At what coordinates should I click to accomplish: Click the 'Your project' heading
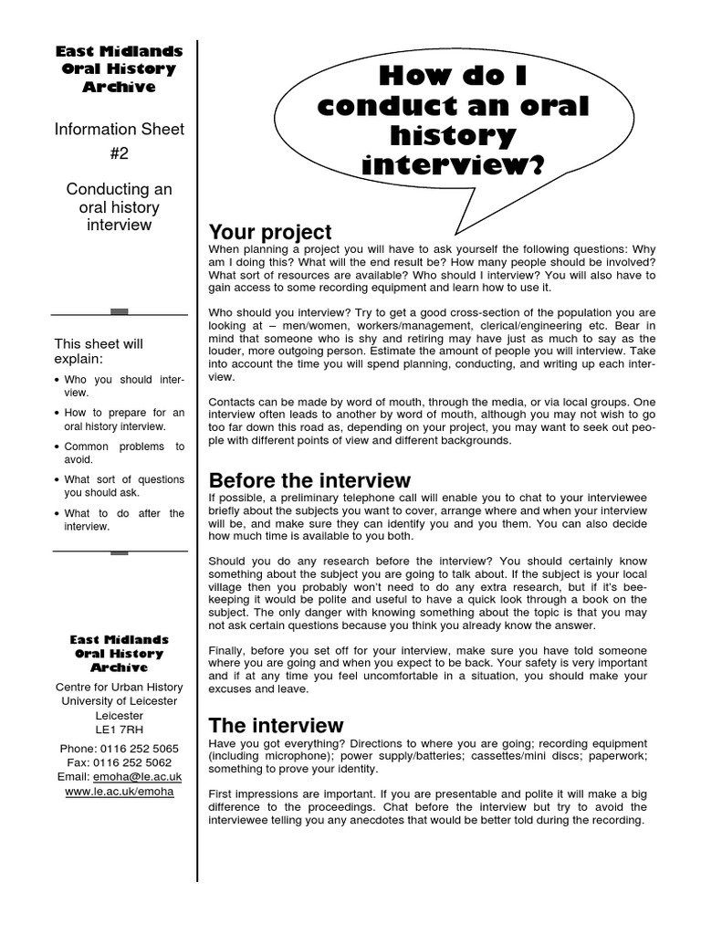pos(270,232)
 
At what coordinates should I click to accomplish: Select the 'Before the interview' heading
pos(309,480)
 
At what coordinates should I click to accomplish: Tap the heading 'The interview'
pos(276,726)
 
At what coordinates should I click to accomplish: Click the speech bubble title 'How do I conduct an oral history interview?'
pos(454,121)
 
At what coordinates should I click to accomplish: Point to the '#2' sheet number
pos(119,153)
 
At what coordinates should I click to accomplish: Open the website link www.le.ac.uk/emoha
pos(119,792)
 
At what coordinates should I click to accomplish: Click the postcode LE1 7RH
pos(119,730)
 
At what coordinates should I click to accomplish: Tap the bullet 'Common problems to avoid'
pos(124,453)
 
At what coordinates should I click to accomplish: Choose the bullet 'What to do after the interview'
pos(124,520)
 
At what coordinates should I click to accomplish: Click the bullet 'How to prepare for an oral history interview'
pos(124,419)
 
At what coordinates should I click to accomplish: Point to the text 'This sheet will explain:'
pos(99,352)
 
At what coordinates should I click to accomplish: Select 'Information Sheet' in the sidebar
pos(119,130)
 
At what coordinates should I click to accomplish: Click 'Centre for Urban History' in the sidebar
pos(119,688)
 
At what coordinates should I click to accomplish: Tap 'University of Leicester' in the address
pos(119,701)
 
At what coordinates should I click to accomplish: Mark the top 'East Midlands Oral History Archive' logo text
pos(119,69)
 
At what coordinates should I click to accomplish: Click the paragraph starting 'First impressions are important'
pos(427,806)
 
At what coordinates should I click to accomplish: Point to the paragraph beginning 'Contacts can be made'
pos(427,421)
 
